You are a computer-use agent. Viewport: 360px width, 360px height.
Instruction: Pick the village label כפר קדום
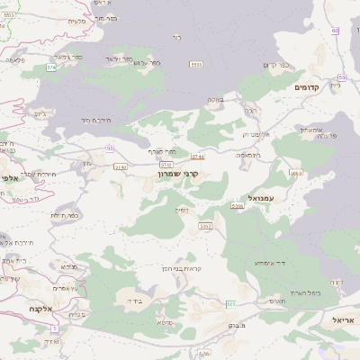(x=274, y=65)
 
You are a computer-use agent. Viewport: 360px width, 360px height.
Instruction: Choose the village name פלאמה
(x=14, y=59)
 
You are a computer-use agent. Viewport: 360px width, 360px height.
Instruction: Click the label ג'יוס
(x=38, y=114)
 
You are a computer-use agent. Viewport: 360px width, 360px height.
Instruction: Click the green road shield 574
(x=51, y=67)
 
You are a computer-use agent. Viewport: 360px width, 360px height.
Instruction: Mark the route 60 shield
(x=335, y=31)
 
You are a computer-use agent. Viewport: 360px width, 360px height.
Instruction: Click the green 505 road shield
(x=230, y=304)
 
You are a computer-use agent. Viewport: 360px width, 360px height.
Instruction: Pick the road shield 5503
(x=195, y=64)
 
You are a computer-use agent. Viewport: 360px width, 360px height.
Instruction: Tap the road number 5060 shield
(x=296, y=173)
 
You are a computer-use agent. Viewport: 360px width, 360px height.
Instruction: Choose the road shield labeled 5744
(x=198, y=157)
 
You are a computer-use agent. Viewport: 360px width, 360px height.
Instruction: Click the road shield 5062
(x=205, y=226)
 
